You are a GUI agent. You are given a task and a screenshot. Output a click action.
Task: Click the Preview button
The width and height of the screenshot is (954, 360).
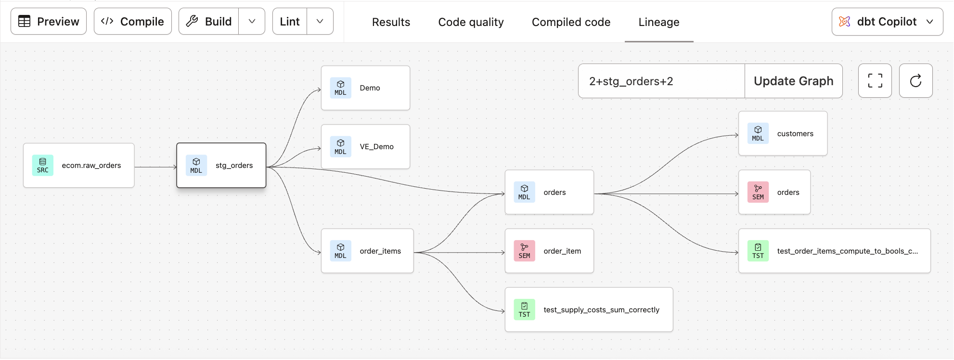pos(49,22)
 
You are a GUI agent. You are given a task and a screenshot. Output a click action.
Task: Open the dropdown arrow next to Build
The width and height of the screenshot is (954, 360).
pos(252,22)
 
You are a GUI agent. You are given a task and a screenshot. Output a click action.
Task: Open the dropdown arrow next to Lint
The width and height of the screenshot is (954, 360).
pos(320,22)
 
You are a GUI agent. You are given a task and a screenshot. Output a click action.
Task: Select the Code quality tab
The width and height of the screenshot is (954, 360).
pos(471,22)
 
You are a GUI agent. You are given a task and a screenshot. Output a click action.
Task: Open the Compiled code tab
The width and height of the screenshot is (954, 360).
pos(571,22)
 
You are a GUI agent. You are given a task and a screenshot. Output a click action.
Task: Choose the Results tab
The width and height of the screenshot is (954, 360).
pos(391,22)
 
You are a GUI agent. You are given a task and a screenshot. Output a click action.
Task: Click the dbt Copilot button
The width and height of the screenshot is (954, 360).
pos(887,22)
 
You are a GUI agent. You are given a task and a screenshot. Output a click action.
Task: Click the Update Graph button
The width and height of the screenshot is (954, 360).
pos(793,81)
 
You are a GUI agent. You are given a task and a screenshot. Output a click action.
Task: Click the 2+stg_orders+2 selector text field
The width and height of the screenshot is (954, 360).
pos(661,81)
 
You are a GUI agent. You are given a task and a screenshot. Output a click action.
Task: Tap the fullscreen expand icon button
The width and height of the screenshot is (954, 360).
pos(875,81)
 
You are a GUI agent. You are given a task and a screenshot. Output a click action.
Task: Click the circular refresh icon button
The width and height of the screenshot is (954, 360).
pos(915,81)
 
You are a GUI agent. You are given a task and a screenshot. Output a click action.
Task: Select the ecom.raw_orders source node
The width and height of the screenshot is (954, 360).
pos(79,166)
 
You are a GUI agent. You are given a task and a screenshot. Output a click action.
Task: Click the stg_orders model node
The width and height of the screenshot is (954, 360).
pos(221,166)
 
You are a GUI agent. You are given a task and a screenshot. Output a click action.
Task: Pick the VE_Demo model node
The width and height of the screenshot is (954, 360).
pos(365,147)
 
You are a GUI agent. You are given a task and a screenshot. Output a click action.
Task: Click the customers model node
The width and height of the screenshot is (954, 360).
pos(783,134)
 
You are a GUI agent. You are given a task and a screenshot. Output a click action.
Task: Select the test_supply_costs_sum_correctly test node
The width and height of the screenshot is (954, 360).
pos(589,310)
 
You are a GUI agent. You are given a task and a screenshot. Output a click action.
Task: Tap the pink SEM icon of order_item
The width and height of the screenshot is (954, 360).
pos(524,251)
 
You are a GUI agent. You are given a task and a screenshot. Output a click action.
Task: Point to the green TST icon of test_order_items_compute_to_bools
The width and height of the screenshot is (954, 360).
pos(758,251)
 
